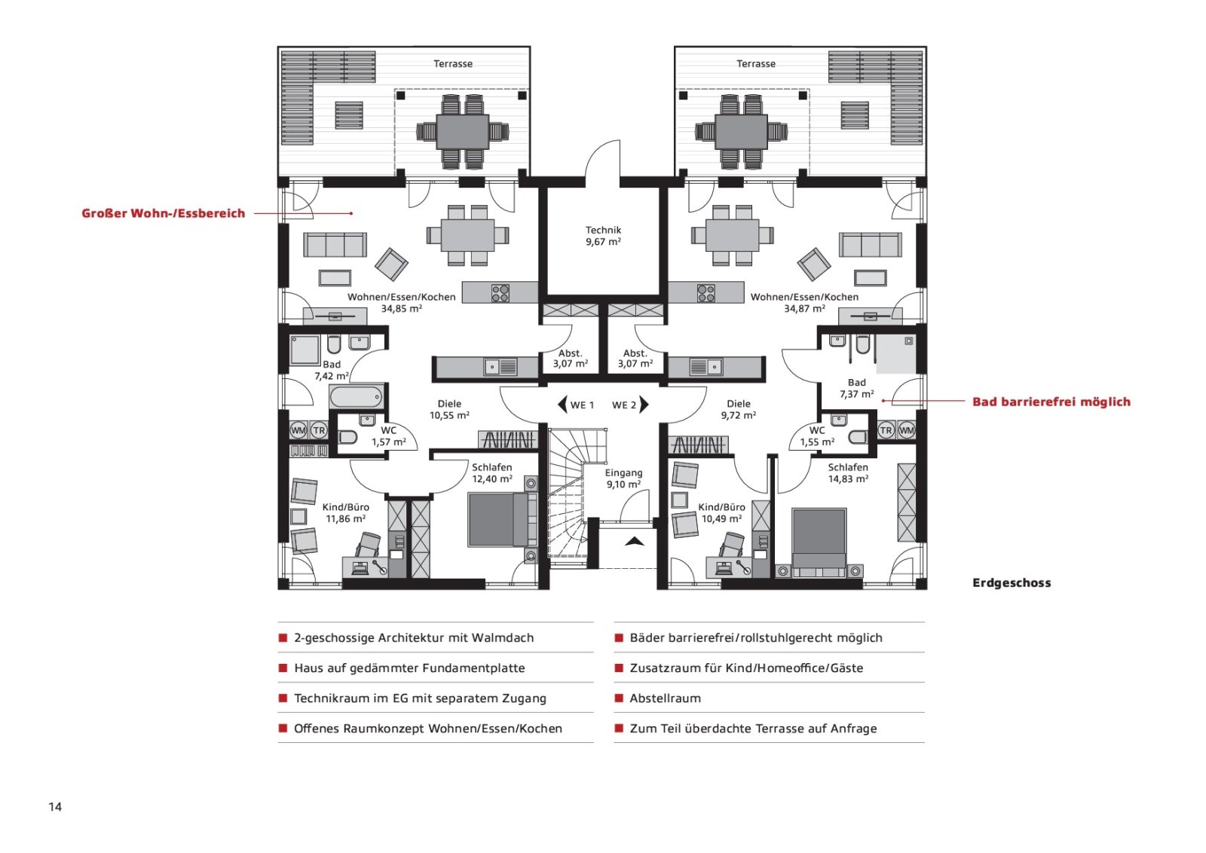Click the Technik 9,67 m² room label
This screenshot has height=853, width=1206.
pyautogui.click(x=604, y=236)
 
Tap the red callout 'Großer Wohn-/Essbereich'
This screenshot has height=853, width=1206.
pyautogui.click(x=163, y=213)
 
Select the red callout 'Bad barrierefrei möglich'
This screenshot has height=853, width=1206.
pyautogui.click(x=1051, y=402)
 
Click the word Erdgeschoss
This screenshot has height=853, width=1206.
pyautogui.click(x=1012, y=582)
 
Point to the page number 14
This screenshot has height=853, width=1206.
pyautogui.click(x=55, y=807)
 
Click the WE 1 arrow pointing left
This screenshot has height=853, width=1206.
pyautogui.click(x=562, y=405)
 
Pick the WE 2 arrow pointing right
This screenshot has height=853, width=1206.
pyautogui.click(x=644, y=405)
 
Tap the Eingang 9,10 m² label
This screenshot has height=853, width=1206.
pyautogui.click(x=623, y=478)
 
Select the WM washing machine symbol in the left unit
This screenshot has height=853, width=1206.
pyautogui.click(x=298, y=430)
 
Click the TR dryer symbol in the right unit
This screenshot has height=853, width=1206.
pyautogui.click(x=886, y=430)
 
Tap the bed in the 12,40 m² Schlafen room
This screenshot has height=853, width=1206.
pyautogui.click(x=502, y=520)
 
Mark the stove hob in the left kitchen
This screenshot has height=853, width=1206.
pyautogui.click(x=500, y=293)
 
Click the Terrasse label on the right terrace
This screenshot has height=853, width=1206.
pyautogui.click(x=756, y=63)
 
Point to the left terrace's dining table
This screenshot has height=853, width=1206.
pyautogui.click(x=463, y=132)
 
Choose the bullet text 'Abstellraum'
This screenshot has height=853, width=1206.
pyautogui.click(x=666, y=699)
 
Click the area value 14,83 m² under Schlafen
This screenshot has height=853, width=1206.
pyautogui.click(x=848, y=479)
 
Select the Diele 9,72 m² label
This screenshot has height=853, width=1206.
pyautogui.click(x=738, y=410)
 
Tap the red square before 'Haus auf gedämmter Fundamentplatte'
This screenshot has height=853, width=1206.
pyautogui.click(x=283, y=668)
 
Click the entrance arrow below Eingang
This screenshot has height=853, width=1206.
pyautogui.click(x=634, y=541)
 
